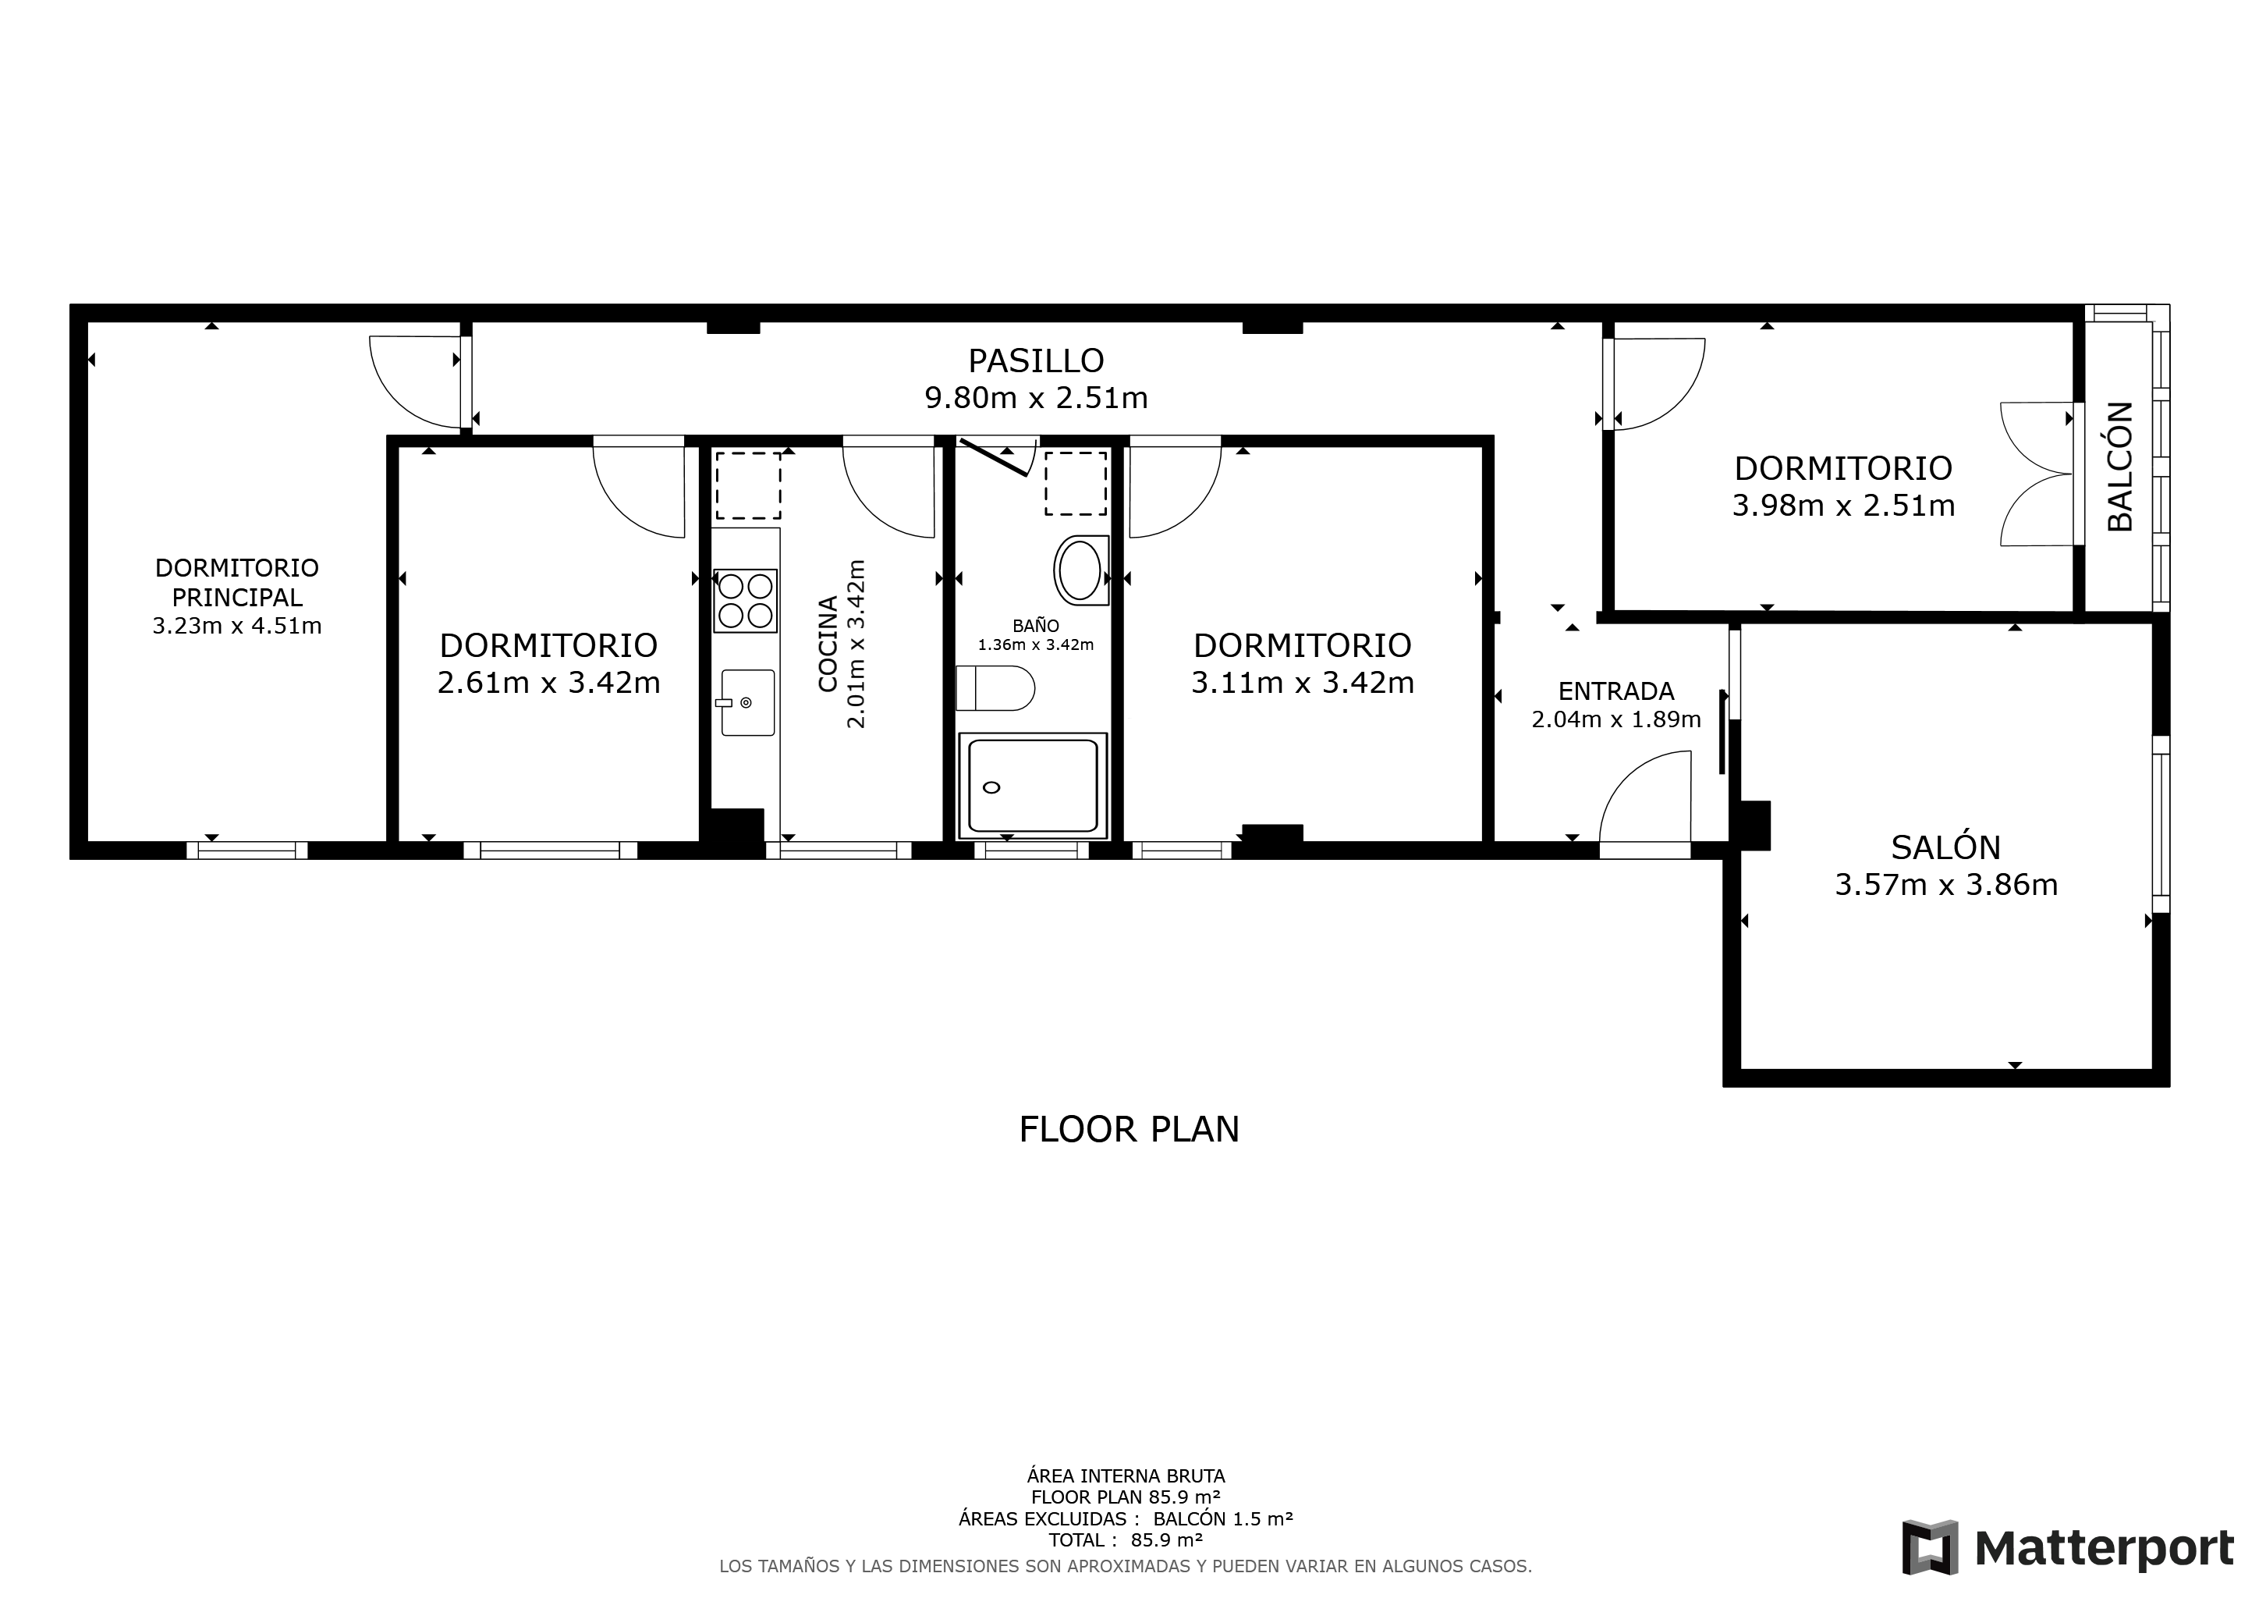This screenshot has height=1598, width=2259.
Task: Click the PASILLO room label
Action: [1036, 361]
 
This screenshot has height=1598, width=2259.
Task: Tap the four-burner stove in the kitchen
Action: [746, 600]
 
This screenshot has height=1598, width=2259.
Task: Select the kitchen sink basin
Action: [748, 702]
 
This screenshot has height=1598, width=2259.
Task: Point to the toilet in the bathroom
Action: [995, 687]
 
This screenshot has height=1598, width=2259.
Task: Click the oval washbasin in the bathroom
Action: [1080, 570]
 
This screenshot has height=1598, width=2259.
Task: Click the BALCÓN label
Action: [2120, 467]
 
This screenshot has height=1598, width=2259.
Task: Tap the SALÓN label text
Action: [1946, 847]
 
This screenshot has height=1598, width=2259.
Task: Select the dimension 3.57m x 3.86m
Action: [1946, 885]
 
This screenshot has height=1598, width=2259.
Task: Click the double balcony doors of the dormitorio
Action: [2037, 474]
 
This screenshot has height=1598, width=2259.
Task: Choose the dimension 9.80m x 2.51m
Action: [1036, 397]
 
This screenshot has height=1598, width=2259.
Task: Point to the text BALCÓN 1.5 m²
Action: [1223, 1518]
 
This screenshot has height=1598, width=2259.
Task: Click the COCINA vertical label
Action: [828, 644]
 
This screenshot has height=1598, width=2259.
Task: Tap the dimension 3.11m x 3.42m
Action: [1303, 683]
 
